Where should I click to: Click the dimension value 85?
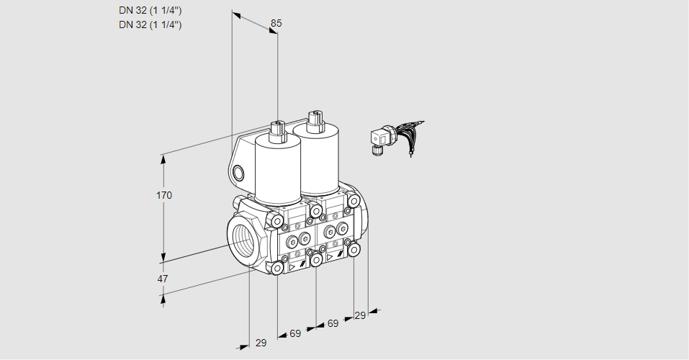(276, 23)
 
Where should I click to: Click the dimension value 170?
(164, 195)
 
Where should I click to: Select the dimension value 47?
(163, 279)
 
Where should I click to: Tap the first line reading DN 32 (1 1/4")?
(150, 11)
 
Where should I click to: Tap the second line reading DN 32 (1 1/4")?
(150, 24)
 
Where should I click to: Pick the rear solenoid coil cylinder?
(316, 158)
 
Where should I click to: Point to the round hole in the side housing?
(238, 173)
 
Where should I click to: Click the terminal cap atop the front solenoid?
(277, 131)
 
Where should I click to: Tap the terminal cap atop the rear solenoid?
(315, 120)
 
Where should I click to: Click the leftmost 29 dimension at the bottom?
(261, 343)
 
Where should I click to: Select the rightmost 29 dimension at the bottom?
(360, 315)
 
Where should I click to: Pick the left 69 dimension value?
(295, 333)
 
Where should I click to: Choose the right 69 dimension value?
(333, 323)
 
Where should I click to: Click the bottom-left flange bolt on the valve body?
(277, 268)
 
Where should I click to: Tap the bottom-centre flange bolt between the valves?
(316, 260)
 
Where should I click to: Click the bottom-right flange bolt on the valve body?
(353, 250)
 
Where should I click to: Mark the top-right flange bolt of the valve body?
(353, 201)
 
